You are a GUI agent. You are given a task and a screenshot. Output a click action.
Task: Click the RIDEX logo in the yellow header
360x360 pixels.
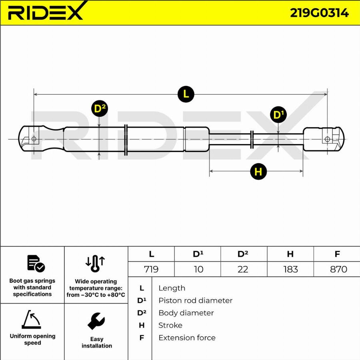(46, 12)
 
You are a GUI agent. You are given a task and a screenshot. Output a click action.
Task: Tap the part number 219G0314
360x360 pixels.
(319, 13)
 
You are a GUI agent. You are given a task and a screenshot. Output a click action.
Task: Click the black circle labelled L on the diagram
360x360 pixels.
(186, 94)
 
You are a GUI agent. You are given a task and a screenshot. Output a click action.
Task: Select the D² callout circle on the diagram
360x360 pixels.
(100, 108)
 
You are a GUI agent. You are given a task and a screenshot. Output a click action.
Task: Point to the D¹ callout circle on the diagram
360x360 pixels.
(278, 114)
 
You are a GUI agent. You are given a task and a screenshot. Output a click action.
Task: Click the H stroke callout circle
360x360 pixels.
(258, 171)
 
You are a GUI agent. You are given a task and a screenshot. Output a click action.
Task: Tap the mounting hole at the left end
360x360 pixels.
(34, 139)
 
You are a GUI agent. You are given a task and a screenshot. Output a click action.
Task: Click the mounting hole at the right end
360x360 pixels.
(327, 139)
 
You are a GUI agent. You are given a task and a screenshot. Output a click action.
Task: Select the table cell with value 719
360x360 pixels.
(151, 269)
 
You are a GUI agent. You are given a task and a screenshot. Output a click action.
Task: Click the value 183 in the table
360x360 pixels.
(290, 269)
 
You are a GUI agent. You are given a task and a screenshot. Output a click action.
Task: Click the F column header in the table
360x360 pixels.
(337, 254)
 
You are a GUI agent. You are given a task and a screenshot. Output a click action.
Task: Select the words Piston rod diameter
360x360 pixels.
(195, 300)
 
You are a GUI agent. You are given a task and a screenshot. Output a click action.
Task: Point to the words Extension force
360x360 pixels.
(187, 338)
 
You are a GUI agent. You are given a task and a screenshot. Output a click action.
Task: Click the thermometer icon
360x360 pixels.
(95, 264)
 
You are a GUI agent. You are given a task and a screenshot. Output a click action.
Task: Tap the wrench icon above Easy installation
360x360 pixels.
(96, 321)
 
